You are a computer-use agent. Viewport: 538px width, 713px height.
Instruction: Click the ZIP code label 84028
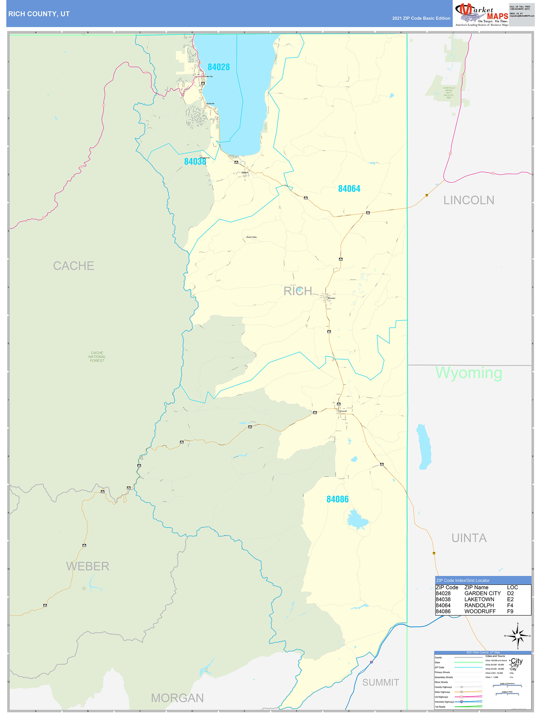(218, 67)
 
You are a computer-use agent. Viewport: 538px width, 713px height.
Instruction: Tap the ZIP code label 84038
(195, 162)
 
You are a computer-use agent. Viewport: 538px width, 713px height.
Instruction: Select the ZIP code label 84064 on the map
(349, 189)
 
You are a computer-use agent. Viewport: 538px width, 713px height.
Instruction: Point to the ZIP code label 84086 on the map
(337, 499)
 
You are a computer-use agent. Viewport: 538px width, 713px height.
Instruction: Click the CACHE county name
(74, 266)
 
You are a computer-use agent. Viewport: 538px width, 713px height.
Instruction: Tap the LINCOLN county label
(469, 200)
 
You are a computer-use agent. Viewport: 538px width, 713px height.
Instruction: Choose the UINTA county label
(469, 538)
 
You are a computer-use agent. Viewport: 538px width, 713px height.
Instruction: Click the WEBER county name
(88, 566)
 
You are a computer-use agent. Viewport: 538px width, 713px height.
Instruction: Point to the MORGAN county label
(178, 698)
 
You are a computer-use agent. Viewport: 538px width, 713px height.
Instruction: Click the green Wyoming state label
(469, 373)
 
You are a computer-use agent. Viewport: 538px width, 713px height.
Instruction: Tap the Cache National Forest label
(97, 357)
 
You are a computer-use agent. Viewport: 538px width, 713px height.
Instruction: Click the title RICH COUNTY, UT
(39, 14)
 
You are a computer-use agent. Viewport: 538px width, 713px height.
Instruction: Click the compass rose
(518, 636)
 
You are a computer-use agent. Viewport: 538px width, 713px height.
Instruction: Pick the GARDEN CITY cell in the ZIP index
(482, 593)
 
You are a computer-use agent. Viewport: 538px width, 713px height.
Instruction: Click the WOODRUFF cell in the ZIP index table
(480, 612)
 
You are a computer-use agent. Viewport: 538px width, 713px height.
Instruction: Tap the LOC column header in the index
(512, 587)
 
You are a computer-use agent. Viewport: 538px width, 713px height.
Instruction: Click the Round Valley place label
(252, 237)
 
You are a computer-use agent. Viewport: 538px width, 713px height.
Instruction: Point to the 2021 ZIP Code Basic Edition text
(421, 18)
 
